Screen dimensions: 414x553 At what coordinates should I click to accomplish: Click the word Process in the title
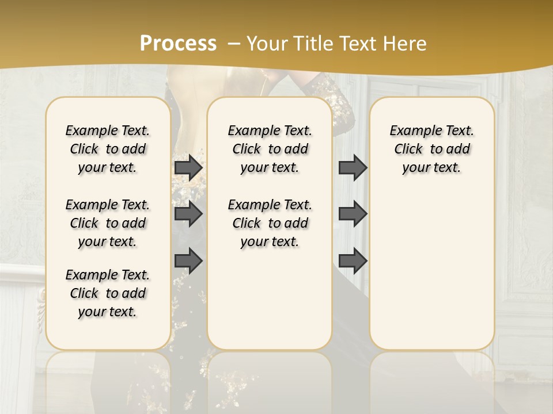(178, 43)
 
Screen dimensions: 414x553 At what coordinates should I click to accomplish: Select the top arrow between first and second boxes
(188, 168)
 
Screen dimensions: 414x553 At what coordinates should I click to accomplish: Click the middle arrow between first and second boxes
(188, 214)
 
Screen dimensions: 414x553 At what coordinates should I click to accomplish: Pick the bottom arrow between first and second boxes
(188, 260)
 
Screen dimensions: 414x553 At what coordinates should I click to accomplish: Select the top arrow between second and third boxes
(353, 168)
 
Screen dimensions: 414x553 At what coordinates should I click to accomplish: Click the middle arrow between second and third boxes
(353, 214)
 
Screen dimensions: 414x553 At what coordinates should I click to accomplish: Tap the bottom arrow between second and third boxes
(353, 260)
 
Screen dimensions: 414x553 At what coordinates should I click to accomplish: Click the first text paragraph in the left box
(108, 149)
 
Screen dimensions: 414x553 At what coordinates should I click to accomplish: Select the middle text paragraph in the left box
(108, 223)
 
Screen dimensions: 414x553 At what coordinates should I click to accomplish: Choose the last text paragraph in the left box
(108, 293)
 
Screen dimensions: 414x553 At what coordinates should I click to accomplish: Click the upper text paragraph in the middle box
(270, 149)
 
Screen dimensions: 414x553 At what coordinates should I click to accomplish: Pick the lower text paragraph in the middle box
(270, 223)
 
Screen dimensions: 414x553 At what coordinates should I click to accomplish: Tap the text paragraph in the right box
(431, 149)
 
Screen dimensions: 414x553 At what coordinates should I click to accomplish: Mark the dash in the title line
(234, 43)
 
